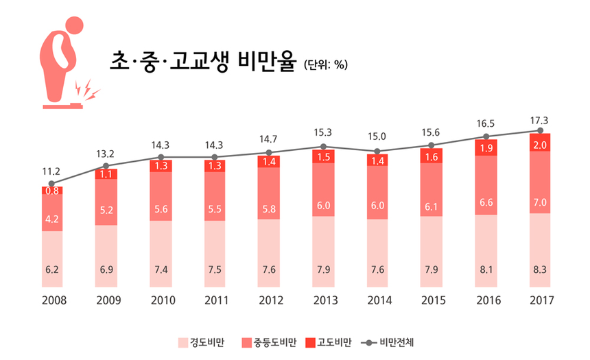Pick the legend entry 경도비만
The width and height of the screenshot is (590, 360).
[202, 341]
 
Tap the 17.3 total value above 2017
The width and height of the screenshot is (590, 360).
[540, 121]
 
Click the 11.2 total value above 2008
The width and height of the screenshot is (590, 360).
[51, 171]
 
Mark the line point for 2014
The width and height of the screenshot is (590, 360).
[377, 152]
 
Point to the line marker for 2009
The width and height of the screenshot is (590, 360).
[106, 166]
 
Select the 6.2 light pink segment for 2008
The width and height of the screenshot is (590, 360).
[51, 269]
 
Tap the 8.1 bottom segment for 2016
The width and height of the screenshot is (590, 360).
[486, 269]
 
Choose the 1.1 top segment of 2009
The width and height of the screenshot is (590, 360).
[106, 174]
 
